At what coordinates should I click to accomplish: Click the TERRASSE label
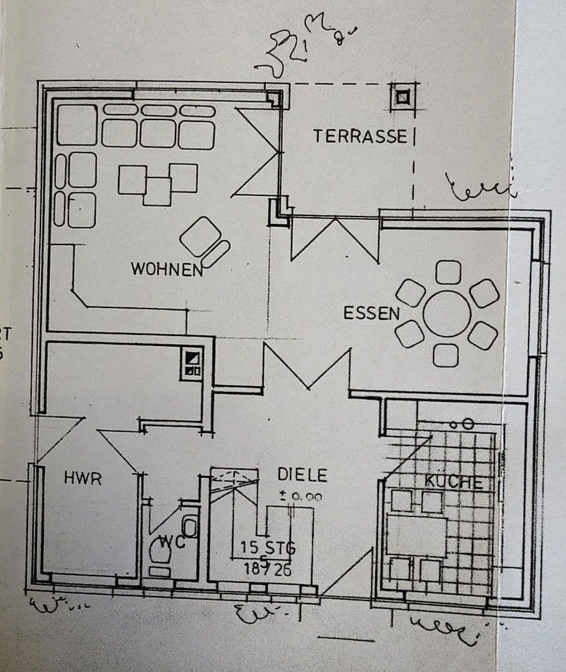point(360,136)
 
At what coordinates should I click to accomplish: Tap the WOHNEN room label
point(167,269)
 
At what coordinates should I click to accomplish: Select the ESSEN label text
point(371,313)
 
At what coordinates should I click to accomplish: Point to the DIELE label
point(302,475)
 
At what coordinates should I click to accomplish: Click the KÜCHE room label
point(453,482)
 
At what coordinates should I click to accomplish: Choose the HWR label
point(82,478)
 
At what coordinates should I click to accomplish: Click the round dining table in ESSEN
point(447,314)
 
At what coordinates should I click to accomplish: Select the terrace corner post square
point(402,97)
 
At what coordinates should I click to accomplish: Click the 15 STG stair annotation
point(268,548)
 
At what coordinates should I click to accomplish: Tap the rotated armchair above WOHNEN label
point(200,236)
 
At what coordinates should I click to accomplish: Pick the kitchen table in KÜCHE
point(417,536)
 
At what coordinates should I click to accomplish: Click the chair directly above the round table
point(448,272)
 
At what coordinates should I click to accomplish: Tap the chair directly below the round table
point(446,355)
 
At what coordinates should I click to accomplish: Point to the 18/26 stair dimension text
point(267,569)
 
